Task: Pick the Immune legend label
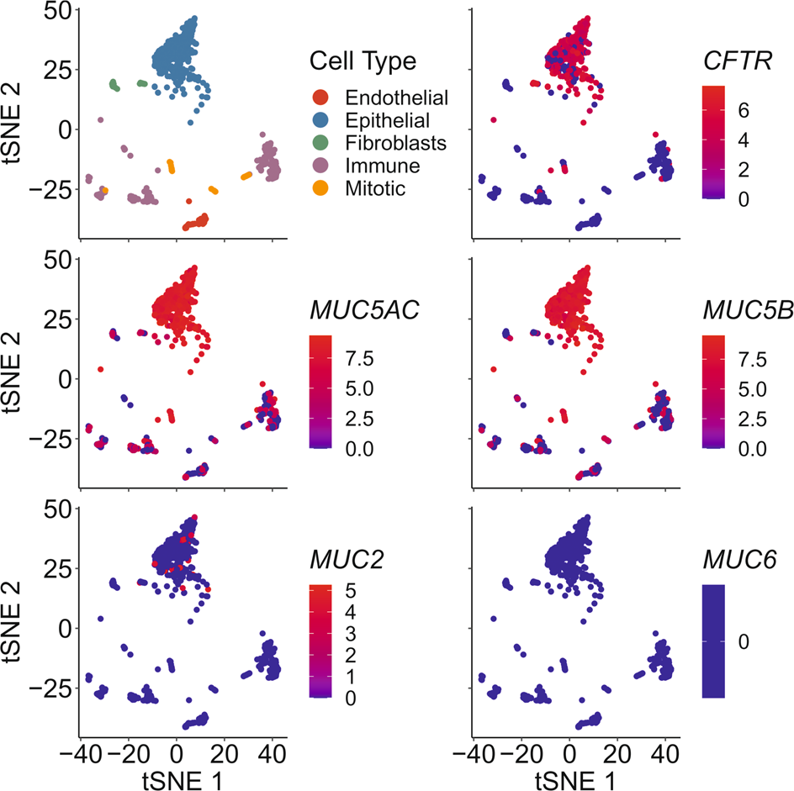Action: point(380,166)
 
